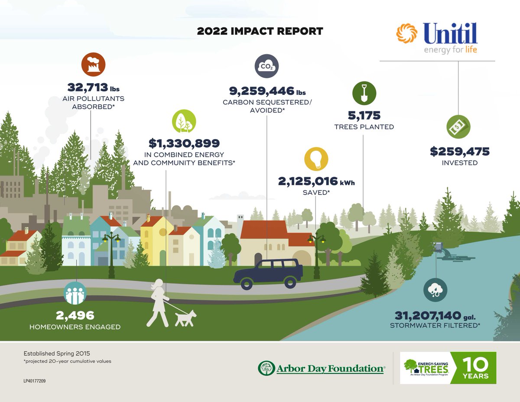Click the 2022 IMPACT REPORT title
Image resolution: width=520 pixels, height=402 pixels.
click(x=260, y=32)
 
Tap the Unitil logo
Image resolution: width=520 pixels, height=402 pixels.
click(x=437, y=38)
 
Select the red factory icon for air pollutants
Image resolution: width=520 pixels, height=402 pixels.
click(x=94, y=64)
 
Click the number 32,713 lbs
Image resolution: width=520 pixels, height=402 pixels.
click(x=93, y=88)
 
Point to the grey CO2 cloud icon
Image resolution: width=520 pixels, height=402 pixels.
click(x=266, y=66)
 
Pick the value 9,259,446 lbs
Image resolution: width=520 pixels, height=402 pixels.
click(x=267, y=91)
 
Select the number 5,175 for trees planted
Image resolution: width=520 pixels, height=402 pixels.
click(x=364, y=115)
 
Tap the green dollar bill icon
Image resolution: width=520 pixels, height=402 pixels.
click(x=458, y=127)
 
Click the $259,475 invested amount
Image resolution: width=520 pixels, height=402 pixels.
click(x=459, y=152)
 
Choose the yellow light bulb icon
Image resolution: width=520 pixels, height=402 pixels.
click(x=316, y=159)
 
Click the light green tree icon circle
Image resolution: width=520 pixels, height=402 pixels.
click(x=184, y=121)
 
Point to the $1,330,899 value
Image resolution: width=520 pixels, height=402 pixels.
click(x=184, y=143)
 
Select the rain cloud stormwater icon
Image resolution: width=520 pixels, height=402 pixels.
click(x=435, y=290)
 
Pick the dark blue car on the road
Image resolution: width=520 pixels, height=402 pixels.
click(x=268, y=273)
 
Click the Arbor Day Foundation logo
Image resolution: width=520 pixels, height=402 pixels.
click(x=321, y=369)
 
